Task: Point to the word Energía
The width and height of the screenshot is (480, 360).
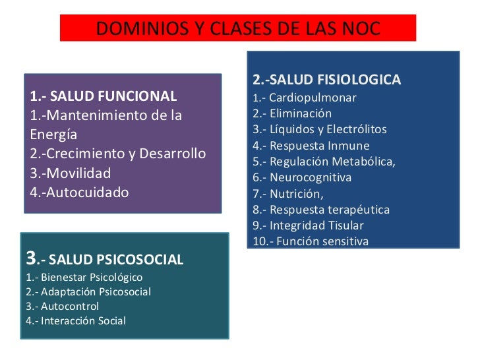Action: (54, 135)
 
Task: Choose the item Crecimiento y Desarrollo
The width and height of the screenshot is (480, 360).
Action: (118, 154)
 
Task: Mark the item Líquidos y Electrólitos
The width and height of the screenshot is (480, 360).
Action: (328, 129)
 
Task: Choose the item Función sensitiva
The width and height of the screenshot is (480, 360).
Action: (319, 241)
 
